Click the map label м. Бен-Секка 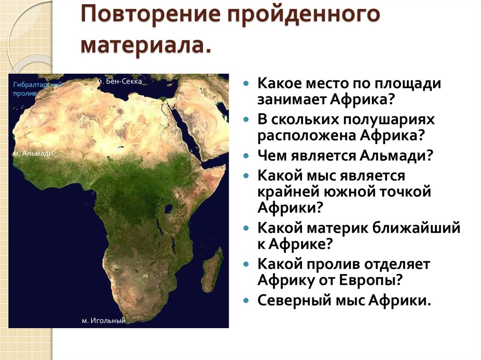point(120,81)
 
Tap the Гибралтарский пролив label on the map point(38,89)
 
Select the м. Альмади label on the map point(33,153)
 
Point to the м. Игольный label point(104,321)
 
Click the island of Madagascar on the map point(214,270)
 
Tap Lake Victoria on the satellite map point(169,209)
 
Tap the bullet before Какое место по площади point(246,84)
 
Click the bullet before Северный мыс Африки point(246,300)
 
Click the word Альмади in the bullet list point(396,155)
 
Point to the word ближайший point(417,228)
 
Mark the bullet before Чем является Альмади point(246,156)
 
